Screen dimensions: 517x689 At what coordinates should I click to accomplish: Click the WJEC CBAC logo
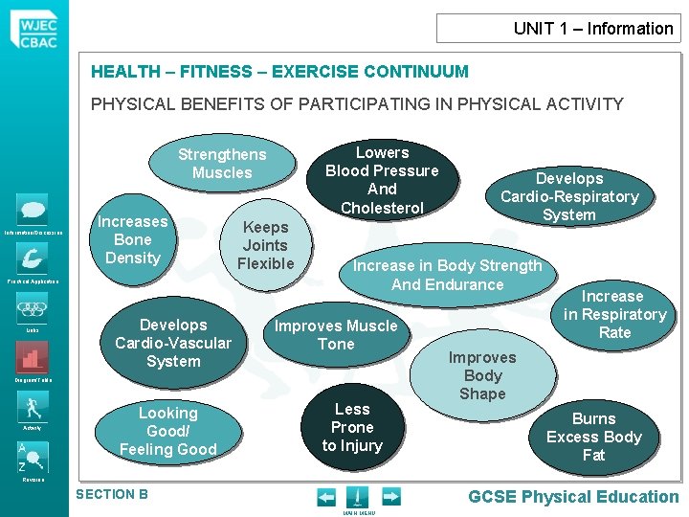34,28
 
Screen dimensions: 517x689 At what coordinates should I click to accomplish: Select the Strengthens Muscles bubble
222,163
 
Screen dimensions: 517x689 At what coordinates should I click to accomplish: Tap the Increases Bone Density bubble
132,239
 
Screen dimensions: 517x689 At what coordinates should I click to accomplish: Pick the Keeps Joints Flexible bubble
265,245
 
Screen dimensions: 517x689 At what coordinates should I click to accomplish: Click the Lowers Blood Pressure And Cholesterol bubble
382,180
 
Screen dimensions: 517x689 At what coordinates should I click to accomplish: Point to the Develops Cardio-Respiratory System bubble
569,196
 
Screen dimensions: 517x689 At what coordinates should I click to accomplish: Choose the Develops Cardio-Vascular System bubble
173,343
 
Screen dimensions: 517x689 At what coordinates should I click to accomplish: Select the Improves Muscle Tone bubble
336,334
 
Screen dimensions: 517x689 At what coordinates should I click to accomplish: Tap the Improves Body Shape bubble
482,374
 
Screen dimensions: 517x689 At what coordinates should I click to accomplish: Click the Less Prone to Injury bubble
352,427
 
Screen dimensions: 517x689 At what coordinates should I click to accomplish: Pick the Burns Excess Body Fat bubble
593,437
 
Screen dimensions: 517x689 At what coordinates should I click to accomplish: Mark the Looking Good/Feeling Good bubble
167,431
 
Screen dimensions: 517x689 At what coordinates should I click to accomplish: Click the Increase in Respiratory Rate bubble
613,314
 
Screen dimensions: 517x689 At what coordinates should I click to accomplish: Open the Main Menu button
356,498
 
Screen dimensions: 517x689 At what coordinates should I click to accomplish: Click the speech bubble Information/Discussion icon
33,209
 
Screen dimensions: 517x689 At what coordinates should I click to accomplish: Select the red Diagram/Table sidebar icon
32,357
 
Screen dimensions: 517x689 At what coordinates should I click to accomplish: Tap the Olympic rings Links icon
33,308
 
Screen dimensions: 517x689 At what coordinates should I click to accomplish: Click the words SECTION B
111,494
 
